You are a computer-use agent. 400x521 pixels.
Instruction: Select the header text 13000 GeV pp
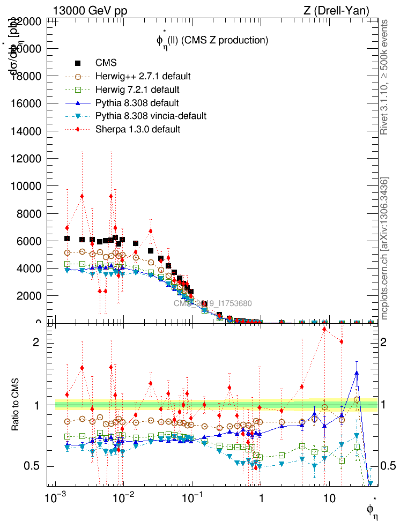point(90,10)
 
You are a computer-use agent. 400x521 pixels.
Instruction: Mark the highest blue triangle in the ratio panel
point(357,373)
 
